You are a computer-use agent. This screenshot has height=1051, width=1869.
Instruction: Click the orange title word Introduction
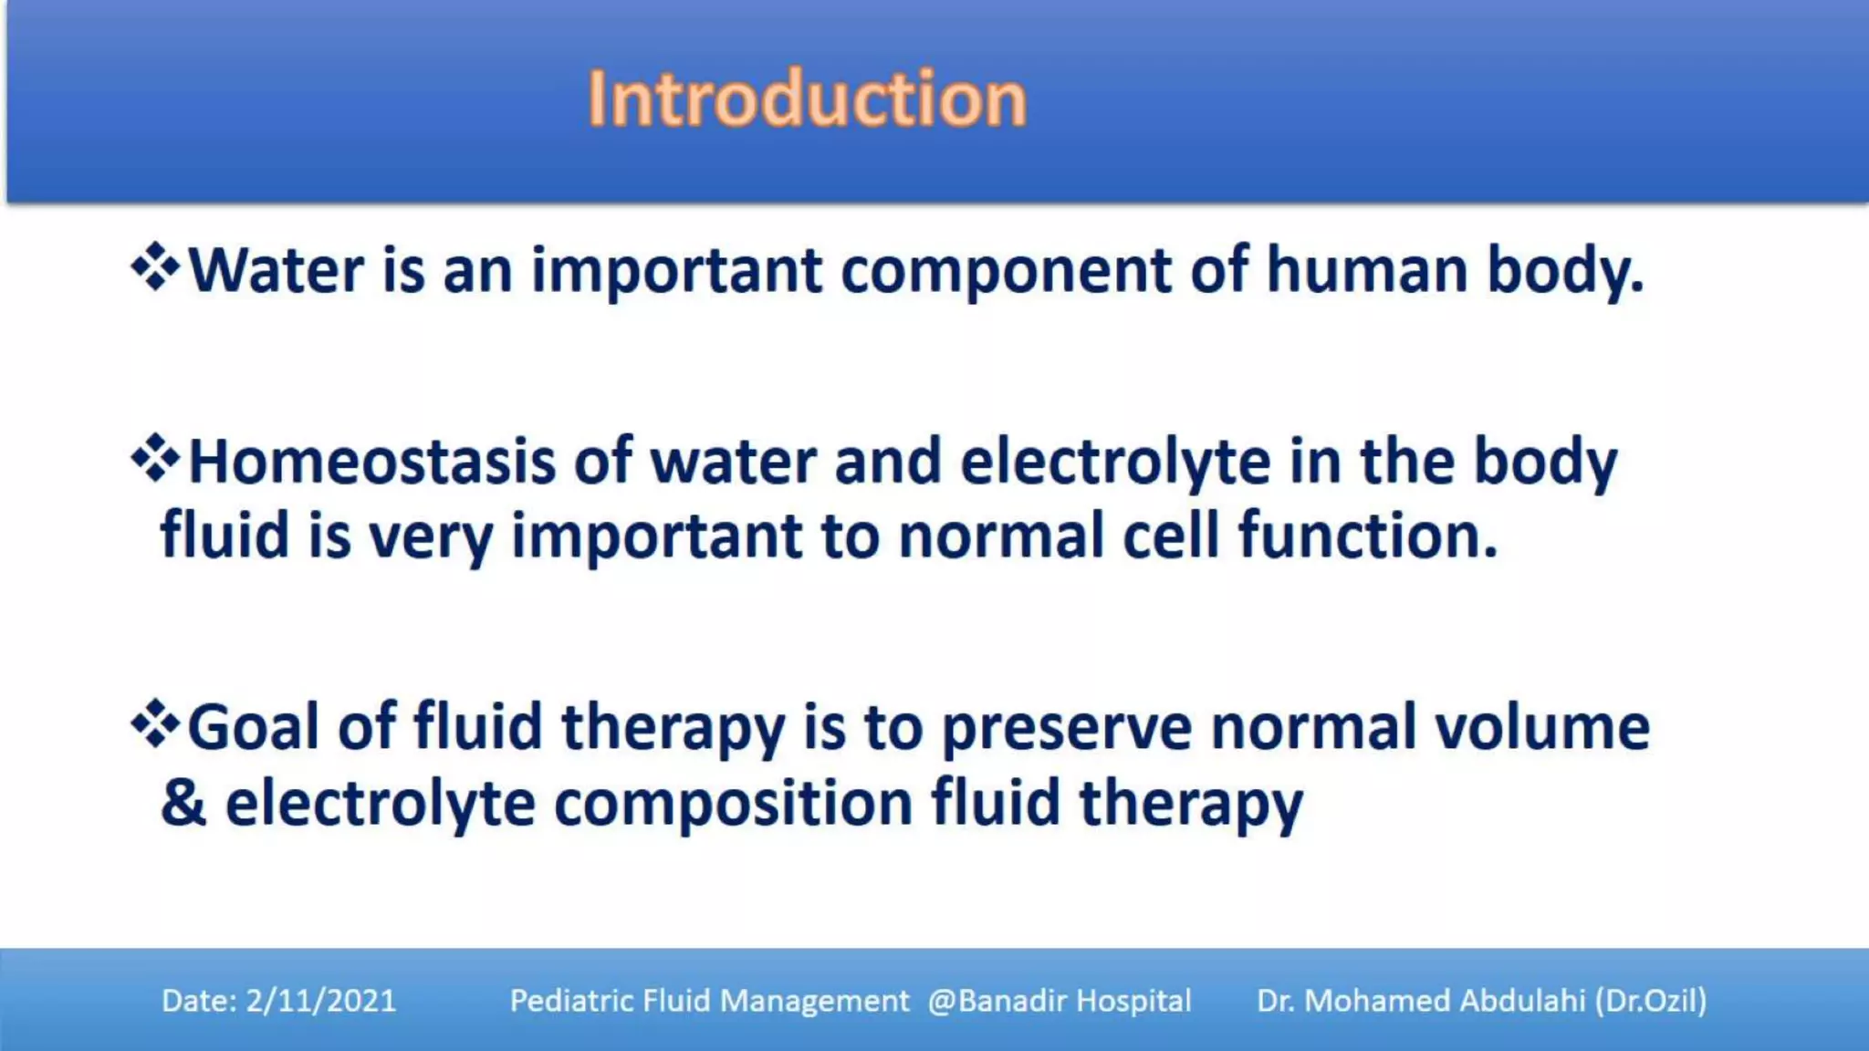(x=807, y=99)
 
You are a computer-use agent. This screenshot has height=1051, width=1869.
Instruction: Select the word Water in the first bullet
(x=277, y=271)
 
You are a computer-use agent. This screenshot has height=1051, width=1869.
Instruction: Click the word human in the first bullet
(x=1366, y=271)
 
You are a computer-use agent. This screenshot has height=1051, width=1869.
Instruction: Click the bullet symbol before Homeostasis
(x=156, y=458)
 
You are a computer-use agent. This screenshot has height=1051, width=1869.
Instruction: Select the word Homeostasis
(x=371, y=462)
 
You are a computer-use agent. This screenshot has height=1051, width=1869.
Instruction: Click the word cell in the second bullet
(x=1171, y=536)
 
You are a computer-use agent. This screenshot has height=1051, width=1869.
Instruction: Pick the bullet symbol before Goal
(x=156, y=723)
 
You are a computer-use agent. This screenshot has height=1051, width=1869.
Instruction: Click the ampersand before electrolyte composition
(x=183, y=803)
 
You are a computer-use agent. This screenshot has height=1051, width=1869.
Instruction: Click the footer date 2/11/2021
(x=321, y=1001)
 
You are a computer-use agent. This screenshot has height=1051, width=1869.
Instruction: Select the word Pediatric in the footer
(x=572, y=1001)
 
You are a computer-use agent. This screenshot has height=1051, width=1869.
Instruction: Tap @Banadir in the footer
(x=997, y=1001)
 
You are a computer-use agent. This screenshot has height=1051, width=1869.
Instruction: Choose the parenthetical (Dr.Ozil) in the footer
(x=1651, y=1001)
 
